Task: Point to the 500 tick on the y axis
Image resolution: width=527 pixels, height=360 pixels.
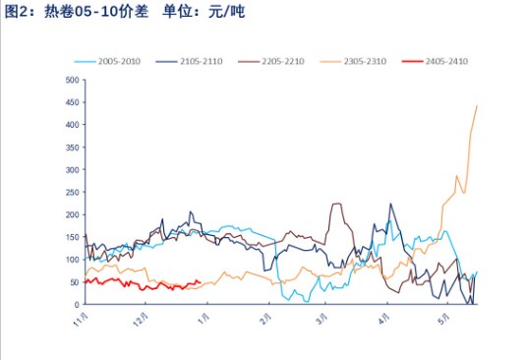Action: click(x=72, y=80)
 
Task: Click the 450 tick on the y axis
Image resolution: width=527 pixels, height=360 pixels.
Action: click(x=72, y=102)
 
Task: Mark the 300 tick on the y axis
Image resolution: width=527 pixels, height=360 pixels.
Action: click(x=72, y=169)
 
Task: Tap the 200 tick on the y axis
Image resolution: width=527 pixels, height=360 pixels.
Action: click(x=72, y=214)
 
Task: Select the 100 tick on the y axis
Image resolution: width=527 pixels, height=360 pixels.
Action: click(x=72, y=260)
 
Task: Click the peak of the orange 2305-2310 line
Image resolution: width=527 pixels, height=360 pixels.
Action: click(x=477, y=105)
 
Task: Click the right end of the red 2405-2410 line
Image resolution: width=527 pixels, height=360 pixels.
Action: click(x=201, y=282)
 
